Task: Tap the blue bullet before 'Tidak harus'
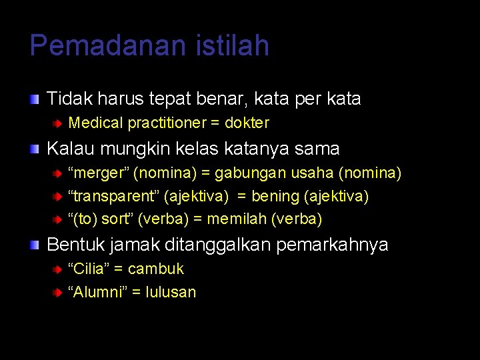(34, 99)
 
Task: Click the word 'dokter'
(247, 123)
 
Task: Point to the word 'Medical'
(95, 123)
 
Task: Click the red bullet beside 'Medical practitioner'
(58, 123)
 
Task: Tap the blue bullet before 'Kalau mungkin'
(34, 149)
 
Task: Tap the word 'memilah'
(239, 219)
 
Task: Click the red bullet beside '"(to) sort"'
(58, 219)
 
